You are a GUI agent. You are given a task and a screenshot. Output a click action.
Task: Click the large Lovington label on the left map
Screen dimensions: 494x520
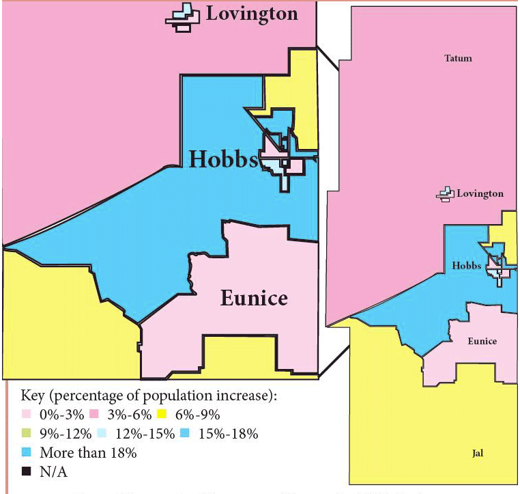(252, 14)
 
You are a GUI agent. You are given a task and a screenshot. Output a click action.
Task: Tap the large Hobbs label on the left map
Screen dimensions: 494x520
(222, 159)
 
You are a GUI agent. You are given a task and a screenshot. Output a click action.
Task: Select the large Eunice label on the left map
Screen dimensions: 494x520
(253, 298)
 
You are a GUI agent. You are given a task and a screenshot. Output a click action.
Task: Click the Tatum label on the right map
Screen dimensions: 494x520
(458, 59)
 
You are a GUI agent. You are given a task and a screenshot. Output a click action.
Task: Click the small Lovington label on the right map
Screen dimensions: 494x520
(480, 194)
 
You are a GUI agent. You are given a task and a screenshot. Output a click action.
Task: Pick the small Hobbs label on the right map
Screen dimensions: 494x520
(467, 265)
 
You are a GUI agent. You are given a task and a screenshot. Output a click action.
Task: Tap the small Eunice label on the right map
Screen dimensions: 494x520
(482, 341)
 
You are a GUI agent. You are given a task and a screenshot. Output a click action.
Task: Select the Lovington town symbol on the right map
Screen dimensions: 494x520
(446, 195)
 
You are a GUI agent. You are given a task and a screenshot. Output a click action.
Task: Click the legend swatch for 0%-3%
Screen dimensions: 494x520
(27, 415)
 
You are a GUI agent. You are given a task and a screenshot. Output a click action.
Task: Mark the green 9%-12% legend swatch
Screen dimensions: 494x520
(27, 434)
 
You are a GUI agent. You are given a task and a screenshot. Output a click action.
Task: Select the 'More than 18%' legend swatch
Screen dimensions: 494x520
(27, 452)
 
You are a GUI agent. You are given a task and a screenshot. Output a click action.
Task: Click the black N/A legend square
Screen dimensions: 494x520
(27, 471)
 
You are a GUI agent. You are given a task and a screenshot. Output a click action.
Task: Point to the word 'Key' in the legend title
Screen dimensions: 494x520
(36, 397)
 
